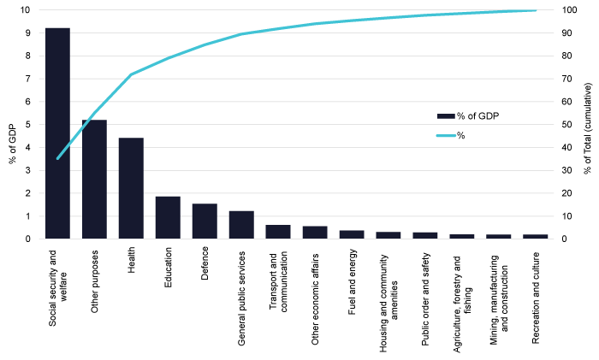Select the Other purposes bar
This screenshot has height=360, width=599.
click(94, 179)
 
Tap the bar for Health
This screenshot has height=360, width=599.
click(131, 188)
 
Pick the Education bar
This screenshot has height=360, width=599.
click(168, 217)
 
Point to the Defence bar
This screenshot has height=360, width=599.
click(205, 221)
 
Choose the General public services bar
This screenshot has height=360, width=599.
click(241, 224)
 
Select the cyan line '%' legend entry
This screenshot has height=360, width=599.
click(462, 134)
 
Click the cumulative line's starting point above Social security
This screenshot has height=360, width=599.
click(57, 158)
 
